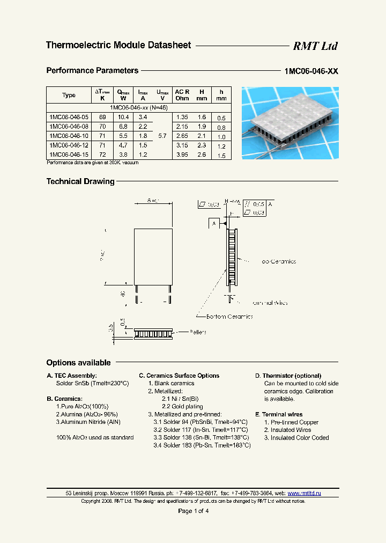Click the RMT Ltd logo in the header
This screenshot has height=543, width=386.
click(315, 46)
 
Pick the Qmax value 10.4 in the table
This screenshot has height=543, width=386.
click(123, 117)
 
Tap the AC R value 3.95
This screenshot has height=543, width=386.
click(182, 155)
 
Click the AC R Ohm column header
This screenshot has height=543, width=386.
click(182, 95)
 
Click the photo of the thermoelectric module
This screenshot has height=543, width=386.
click(290, 123)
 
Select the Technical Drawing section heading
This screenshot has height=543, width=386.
click(80, 181)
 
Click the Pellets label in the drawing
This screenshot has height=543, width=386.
click(198, 332)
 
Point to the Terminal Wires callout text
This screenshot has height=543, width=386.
click(269, 303)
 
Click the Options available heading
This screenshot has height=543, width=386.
click(78, 363)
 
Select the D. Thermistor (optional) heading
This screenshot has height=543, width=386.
click(288, 376)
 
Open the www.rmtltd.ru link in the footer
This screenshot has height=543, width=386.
click(304, 493)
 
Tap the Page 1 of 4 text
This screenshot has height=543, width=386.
click(193, 511)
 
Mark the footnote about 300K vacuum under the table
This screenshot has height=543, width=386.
click(93, 163)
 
